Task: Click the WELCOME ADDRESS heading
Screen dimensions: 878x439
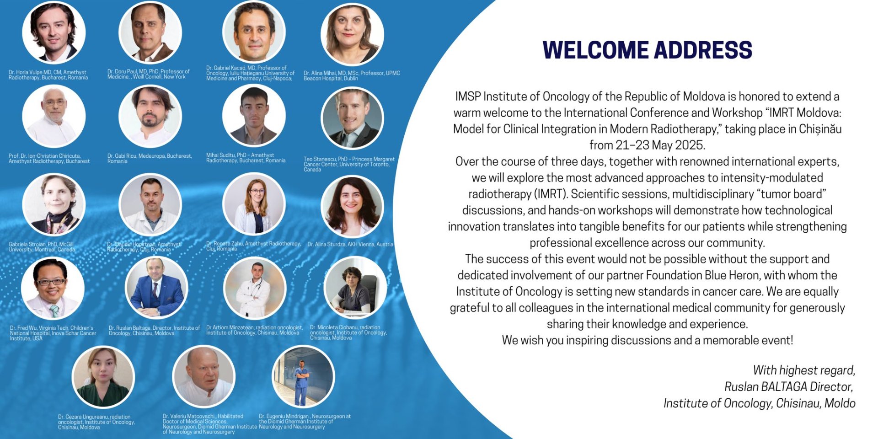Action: tap(647, 50)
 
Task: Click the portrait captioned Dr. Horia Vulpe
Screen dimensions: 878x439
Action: tap(54, 32)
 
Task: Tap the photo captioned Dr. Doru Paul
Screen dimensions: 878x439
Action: tap(150, 32)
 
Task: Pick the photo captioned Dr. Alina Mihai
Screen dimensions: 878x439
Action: tap(352, 34)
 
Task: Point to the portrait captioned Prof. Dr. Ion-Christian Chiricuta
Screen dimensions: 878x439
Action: tap(54, 116)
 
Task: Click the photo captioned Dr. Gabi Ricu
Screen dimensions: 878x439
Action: tap(150, 116)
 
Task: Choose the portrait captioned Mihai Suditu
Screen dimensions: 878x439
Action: tap(254, 115)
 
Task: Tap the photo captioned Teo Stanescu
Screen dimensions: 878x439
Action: tap(352, 118)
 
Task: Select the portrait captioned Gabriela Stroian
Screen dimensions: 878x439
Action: tap(54, 204)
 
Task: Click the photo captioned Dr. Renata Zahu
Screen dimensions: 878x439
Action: tap(254, 204)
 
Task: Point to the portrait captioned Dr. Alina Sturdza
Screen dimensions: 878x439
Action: tap(352, 206)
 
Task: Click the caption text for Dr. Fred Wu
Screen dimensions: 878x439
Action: tap(53, 333)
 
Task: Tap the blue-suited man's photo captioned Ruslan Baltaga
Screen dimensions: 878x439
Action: tap(156, 288)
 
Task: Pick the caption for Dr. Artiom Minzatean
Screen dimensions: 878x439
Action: tap(254, 330)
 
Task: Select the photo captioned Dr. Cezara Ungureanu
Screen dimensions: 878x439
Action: tap(103, 376)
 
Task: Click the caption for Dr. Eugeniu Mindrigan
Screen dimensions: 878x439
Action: tap(305, 422)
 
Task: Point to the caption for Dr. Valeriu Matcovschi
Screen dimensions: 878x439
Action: tap(209, 424)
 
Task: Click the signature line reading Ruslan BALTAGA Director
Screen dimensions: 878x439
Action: tap(789, 387)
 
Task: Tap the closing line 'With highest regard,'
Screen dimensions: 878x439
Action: tap(804, 370)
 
